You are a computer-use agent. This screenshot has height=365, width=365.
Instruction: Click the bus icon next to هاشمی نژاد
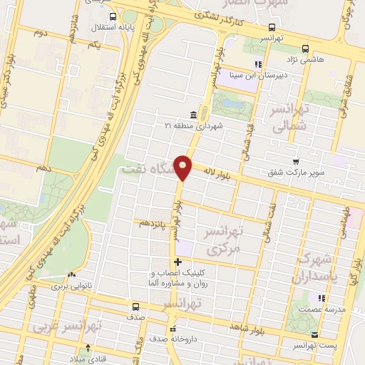305,49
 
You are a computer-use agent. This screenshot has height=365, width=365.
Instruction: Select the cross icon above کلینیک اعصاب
178,262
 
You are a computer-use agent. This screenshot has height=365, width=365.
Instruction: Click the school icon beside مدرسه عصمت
322,298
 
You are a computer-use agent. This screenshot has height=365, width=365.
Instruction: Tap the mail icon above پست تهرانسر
314,334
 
